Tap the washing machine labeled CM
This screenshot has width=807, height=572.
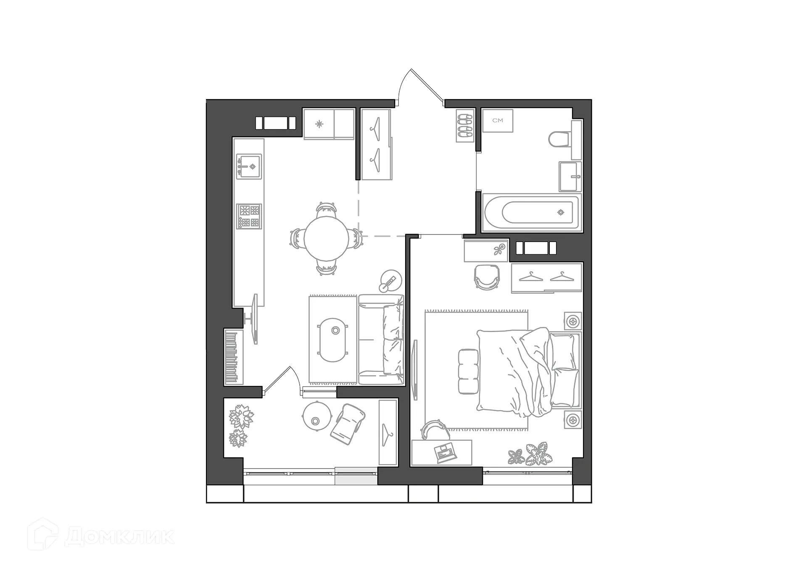coord(497,121)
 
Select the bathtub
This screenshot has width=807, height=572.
coord(532,213)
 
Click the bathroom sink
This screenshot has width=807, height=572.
coord(570,177)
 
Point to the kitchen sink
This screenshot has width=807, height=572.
coord(248,166)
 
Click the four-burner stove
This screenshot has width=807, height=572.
coord(249,216)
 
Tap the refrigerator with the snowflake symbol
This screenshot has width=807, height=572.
coord(319,124)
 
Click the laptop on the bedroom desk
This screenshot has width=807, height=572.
coord(444,453)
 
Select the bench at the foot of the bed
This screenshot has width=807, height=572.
coord(468,372)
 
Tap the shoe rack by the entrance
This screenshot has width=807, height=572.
coord(465,125)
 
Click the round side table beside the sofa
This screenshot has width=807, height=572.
coord(390,281)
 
